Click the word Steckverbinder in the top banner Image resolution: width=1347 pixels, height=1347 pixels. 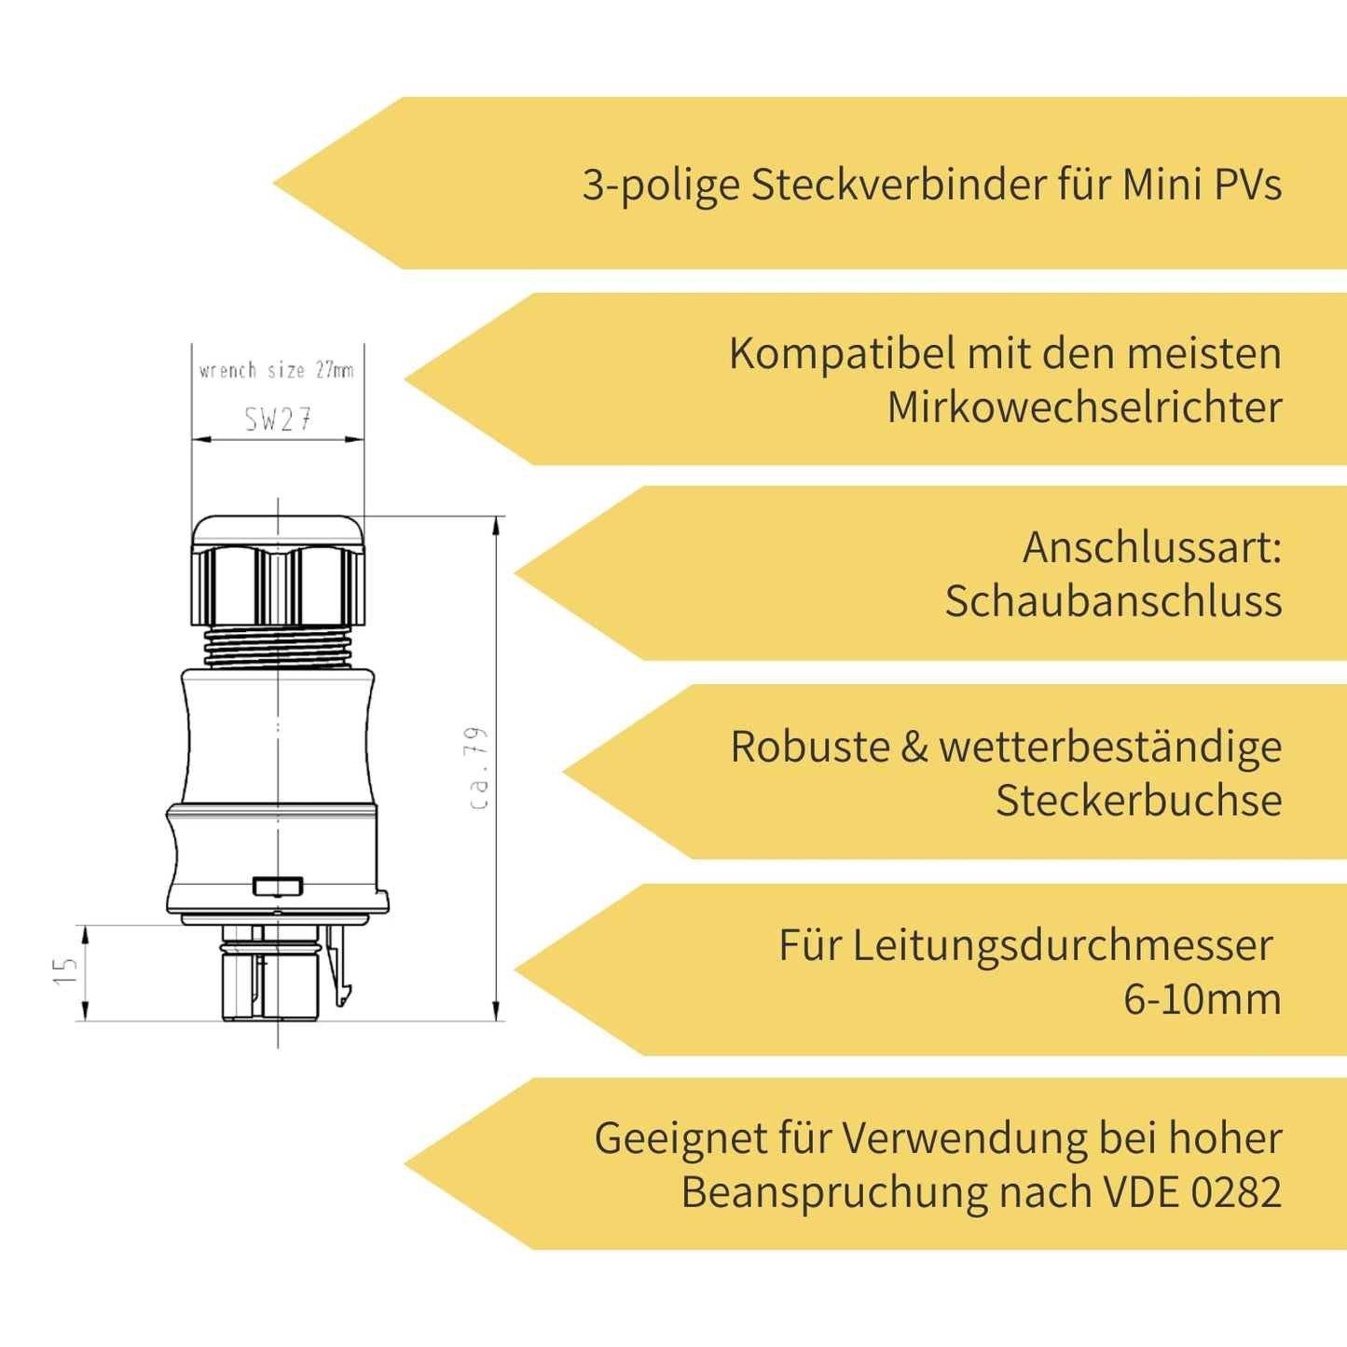click(x=900, y=185)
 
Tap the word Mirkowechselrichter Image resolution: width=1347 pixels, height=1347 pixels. click(x=1084, y=407)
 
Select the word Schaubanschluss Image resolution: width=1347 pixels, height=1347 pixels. click(x=1113, y=601)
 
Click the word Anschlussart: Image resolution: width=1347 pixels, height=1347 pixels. click(x=1152, y=547)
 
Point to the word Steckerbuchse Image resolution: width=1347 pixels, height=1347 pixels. click(x=1138, y=801)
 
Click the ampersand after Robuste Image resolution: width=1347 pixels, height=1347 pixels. click(x=914, y=748)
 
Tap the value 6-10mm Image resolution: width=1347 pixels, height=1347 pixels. click(x=1202, y=999)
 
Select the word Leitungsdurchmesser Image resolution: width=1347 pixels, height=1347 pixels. click(x=1062, y=945)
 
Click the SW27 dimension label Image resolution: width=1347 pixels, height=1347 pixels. click(x=278, y=419)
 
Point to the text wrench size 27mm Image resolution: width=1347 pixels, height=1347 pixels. click(x=277, y=370)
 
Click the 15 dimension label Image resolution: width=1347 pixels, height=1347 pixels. click(x=65, y=971)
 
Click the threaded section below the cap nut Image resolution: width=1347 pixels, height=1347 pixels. click(x=278, y=646)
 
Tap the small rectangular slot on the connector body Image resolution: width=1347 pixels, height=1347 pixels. click(x=278, y=886)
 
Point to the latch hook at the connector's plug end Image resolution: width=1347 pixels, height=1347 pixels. click(x=342, y=979)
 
